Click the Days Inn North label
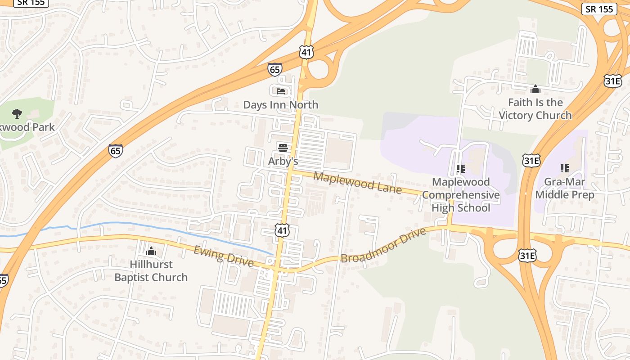(x=280, y=105)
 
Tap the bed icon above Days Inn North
(x=281, y=91)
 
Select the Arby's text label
(x=283, y=161)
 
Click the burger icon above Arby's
(x=283, y=148)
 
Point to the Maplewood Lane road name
(x=357, y=182)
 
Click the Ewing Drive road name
(x=223, y=256)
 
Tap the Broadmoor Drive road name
(x=383, y=246)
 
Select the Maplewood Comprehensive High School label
(x=460, y=195)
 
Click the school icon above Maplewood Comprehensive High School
(x=460, y=169)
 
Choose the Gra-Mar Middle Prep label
(x=564, y=189)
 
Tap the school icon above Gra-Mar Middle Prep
(x=565, y=168)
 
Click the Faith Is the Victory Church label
(x=535, y=109)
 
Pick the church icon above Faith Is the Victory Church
(x=535, y=89)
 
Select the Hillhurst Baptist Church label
(x=151, y=270)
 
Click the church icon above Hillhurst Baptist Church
(x=151, y=251)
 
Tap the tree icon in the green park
(x=17, y=113)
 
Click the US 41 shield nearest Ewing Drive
(x=282, y=231)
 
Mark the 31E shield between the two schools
(x=531, y=161)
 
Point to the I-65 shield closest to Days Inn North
(x=274, y=69)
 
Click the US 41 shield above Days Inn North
(x=306, y=53)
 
